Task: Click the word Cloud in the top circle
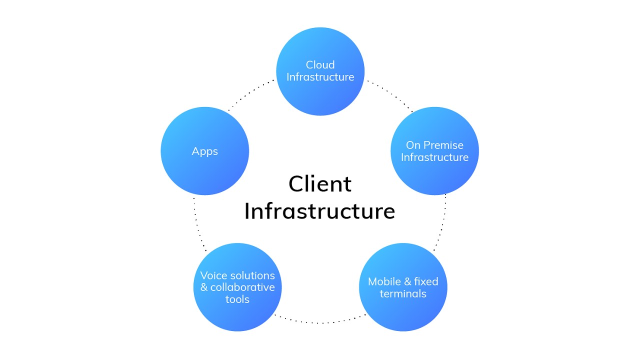tap(320, 65)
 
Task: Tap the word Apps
tap(205, 151)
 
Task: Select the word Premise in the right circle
tap(443, 145)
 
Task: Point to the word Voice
tap(213, 275)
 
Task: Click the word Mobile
tap(384, 281)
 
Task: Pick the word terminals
tap(403, 294)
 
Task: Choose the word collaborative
tap(242, 287)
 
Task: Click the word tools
tap(237, 299)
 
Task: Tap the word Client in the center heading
tap(320, 183)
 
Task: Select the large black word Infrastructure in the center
tap(320, 211)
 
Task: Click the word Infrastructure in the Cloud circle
tap(320, 77)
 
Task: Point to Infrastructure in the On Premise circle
tap(434, 157)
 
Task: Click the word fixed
tap(426, 281)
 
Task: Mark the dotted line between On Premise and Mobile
tap(441, 222)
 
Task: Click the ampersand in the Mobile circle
tap(407, 281)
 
